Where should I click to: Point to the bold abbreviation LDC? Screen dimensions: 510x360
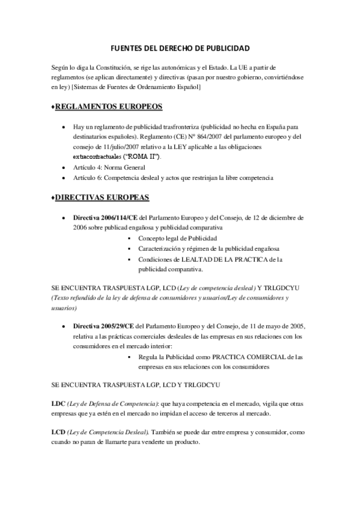tap(59, 405)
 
